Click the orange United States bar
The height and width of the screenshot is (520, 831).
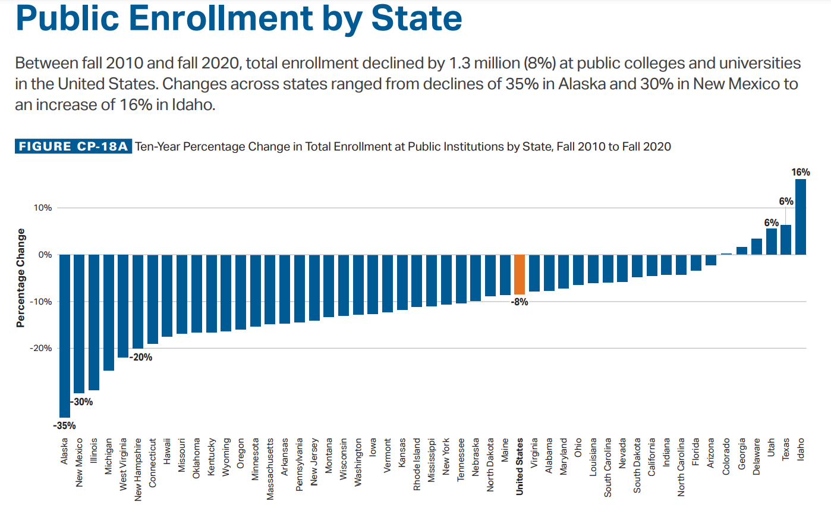tap(520, 274)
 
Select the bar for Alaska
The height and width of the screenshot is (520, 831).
tap(65, 336)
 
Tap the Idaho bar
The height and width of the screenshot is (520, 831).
tap(801, 217)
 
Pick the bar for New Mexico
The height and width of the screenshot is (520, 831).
tap(79, 324)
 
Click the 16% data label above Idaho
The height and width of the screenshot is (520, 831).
tap(800, 173)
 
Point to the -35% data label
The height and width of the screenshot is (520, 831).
tap(64, 426)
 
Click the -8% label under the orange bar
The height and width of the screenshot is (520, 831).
tap(520, 302)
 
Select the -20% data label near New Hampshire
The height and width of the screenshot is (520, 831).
tap(141, 358)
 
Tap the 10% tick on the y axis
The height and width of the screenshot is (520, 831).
tap(42, 208)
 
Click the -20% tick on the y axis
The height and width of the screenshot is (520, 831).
tap(41, 349)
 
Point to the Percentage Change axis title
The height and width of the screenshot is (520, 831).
tap(21, 278)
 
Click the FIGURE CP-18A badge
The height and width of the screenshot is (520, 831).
tap(73, 146)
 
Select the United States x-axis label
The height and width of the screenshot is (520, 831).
tap(520, 466)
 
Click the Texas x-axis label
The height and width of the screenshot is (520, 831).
tap(785, 449)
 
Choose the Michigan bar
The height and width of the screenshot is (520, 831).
tap(109, 312)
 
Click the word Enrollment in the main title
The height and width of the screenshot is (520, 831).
tap(221, 18)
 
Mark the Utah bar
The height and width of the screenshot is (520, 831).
tap(771, 242)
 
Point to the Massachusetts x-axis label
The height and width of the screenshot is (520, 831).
tap(270, 469)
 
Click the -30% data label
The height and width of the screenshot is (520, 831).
tap(83, 402)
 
